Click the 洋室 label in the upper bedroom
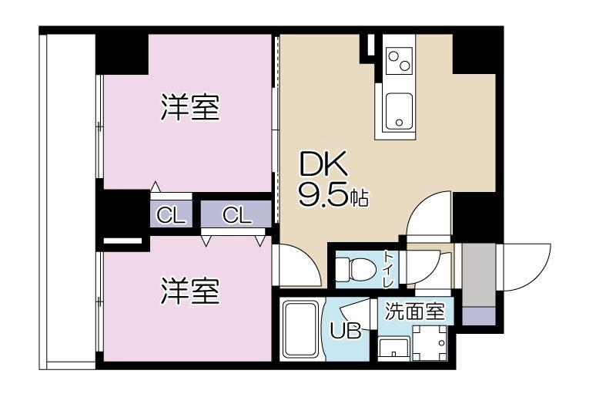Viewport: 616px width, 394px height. coord(190,108)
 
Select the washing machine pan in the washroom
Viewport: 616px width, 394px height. coord(429,342)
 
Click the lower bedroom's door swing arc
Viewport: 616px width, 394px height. coord(294,266)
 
